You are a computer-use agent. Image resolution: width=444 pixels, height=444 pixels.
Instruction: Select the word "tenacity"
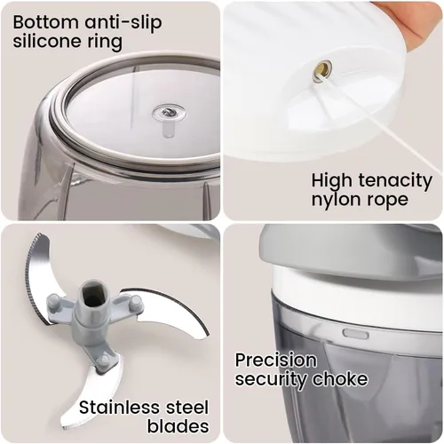coord(395,180)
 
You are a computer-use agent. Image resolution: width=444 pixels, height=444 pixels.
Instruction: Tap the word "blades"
coord(178,426)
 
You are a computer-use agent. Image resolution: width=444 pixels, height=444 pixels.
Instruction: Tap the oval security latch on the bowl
coord(355,333)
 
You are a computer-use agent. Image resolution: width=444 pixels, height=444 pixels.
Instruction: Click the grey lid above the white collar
coord(349,249)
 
